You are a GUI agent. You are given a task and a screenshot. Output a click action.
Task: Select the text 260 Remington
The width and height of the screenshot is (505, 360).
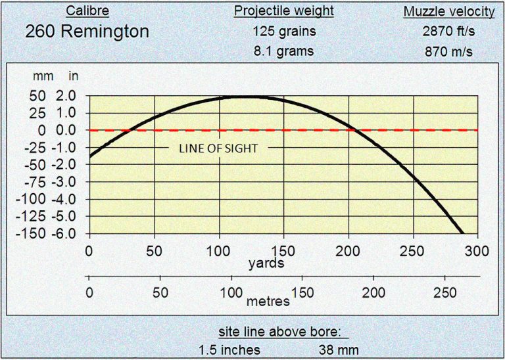pos(87,31)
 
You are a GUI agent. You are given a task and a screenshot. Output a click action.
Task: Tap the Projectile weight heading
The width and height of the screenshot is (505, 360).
pos(284,11)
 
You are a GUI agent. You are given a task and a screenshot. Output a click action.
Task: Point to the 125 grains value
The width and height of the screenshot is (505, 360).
pos(284,30)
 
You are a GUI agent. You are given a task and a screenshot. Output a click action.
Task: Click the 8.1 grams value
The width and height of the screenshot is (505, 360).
pos(284,50)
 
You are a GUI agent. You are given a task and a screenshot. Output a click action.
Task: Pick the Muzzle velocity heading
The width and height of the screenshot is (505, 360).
pos(448,11)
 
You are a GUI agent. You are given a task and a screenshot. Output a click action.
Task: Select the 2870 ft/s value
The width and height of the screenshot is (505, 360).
pos(449,30)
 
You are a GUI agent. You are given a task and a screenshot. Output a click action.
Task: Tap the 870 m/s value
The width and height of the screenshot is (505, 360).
pos(449,50)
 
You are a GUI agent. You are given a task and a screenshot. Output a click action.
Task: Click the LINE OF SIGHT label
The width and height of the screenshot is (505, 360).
pos(218,148)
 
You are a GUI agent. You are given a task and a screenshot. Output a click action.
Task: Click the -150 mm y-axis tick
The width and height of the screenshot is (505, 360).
pos(34,233)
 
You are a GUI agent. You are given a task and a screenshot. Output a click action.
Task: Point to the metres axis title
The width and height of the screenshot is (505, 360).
pos(268,302)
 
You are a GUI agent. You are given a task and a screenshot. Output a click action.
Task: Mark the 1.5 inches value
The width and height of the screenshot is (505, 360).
pos(229,349)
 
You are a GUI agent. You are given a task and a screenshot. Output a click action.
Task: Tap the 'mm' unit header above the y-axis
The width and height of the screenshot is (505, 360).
pos(39,76)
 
